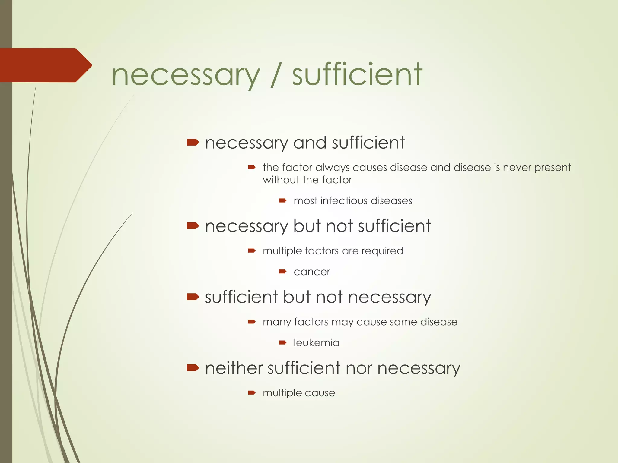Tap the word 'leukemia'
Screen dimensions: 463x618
tap(316, 343)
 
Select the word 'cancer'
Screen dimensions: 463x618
tap(312, 272)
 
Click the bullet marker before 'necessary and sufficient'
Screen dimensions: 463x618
tap(193, 142)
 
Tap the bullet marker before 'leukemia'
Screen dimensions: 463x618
tap(282, 342)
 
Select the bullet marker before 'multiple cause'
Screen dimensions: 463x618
tap(252, 392)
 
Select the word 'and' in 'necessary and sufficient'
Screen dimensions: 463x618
tap(310, 143)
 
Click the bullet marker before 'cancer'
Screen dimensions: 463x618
tap(282, 272)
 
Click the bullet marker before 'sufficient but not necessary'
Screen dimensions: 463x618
tap(193, 297)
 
